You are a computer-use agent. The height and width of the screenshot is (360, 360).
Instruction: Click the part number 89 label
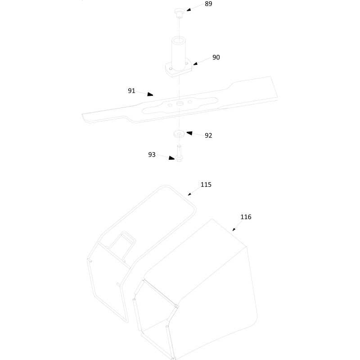208,4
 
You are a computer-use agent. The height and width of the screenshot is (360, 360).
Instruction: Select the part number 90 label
216,58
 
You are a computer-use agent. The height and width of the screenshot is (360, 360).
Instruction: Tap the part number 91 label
131,91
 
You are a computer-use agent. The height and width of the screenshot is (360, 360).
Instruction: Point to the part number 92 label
208,135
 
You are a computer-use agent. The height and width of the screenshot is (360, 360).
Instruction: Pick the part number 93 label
152,155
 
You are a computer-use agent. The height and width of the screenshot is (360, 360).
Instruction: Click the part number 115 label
206,184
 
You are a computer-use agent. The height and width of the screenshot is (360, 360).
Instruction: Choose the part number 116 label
246,217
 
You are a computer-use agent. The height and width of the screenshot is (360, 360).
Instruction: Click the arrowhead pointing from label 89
189,9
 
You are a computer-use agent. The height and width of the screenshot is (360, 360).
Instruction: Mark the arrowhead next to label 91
150,94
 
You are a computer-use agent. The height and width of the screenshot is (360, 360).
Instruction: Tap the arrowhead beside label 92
189,133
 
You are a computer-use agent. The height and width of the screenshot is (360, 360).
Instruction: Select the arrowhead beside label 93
171,158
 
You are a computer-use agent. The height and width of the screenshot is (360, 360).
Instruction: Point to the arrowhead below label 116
234,229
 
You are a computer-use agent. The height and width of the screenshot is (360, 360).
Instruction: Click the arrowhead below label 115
189,194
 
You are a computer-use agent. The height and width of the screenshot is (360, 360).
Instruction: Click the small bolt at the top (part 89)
179,13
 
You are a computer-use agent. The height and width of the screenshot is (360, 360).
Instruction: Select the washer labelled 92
179,134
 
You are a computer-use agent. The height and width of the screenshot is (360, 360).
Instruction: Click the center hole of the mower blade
179,104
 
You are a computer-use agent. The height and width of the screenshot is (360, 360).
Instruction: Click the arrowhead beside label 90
195,63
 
